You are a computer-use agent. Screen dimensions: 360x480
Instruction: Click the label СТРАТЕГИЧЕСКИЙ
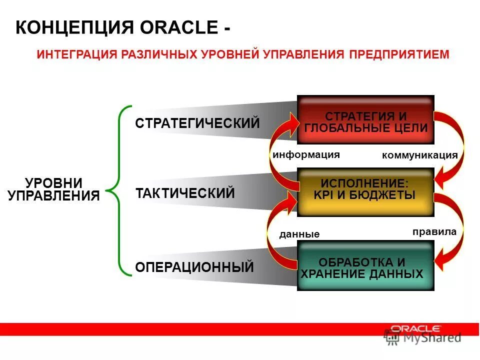(x=197, y=123)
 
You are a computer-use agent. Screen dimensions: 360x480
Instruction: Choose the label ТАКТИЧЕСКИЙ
(x=185, y=193)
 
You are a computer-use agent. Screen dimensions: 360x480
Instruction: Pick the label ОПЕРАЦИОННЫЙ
(x=194, y=267)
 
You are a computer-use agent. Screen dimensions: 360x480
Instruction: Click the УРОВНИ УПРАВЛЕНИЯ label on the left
(x=54, y=189)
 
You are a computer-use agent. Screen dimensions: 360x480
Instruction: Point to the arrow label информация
(x=306, y=154)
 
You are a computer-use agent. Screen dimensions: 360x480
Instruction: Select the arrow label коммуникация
(x=419, y=155)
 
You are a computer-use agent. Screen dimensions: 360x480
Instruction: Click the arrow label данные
(x=299, y=234)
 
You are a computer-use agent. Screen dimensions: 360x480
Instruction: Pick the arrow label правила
(x=434, y=231)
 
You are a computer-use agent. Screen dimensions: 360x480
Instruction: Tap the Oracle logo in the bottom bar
(x=415, y=328)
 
